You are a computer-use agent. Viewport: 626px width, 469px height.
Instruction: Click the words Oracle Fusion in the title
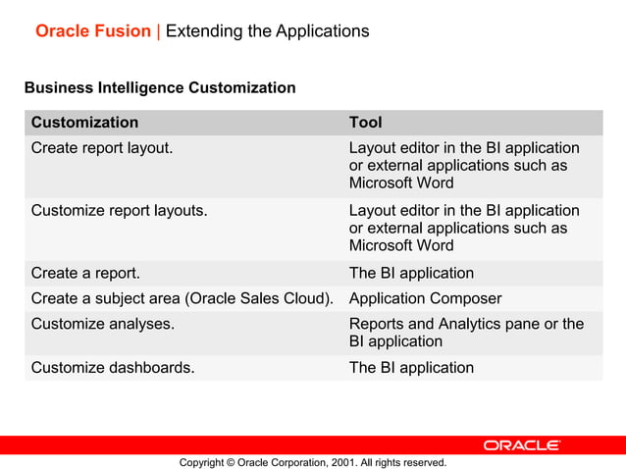(x=93, y=31)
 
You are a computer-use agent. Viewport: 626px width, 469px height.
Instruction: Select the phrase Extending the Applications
(x=268, y=31)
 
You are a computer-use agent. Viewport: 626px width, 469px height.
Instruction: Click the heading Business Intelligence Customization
(x=160, y=88)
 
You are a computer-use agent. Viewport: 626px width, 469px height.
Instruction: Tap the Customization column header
(x=84, y=123)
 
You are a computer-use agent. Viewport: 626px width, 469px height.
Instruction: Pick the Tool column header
(x=366, y=123)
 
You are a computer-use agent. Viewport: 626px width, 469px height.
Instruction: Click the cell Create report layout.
(x=102, y=148)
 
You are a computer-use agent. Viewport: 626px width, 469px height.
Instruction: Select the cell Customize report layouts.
(x=119, y=210)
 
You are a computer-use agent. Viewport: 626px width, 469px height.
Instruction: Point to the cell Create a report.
(x=85, y=273)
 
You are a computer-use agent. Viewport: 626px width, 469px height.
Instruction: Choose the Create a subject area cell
(x=183, y=298)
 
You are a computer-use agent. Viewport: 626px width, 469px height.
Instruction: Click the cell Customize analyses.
(x=103, y=324)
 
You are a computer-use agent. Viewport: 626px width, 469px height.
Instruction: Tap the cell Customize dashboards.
(x=113, y=368)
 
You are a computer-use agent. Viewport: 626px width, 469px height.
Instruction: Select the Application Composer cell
(x=425, y=298)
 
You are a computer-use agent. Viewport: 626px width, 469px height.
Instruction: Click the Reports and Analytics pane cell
(x=466, y=333)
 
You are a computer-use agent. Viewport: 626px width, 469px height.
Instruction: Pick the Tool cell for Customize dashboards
(x=411, y=368)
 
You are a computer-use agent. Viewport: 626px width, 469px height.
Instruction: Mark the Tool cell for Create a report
(x=411, y=273)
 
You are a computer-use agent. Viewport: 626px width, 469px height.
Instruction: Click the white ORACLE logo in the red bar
(x=521, y=445)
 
